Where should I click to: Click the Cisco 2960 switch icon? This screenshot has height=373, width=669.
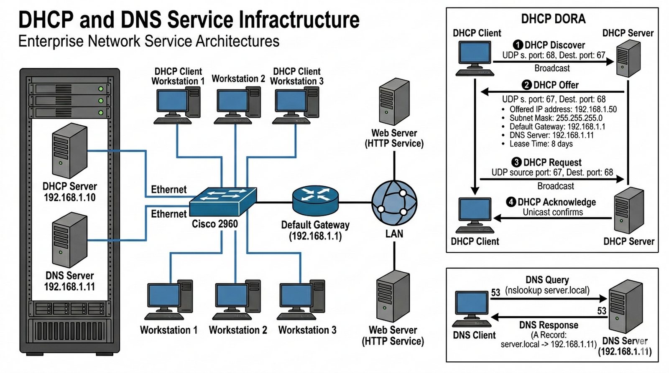point(222,201)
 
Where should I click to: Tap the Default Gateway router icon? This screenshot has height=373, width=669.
point(315,200)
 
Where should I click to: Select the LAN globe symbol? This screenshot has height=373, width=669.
point(394,203)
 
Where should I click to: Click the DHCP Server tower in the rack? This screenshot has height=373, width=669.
point(69,151)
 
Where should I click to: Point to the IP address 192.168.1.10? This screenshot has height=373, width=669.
point(69,197)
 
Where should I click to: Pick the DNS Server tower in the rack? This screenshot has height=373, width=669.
point(69,240)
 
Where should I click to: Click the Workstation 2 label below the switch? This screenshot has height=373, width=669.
point(238,330)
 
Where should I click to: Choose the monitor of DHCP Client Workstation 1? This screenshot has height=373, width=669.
point(172,101)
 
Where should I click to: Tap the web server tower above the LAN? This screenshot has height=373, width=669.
point(394,102)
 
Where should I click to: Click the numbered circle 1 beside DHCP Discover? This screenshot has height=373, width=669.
point(518,45)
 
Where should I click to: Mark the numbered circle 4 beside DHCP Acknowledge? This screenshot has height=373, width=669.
point(511,202)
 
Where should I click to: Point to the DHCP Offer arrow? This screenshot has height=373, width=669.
point(552,92)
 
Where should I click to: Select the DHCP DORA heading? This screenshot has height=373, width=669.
point(553,19)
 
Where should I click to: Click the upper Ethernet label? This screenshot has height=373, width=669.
point(169,190)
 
